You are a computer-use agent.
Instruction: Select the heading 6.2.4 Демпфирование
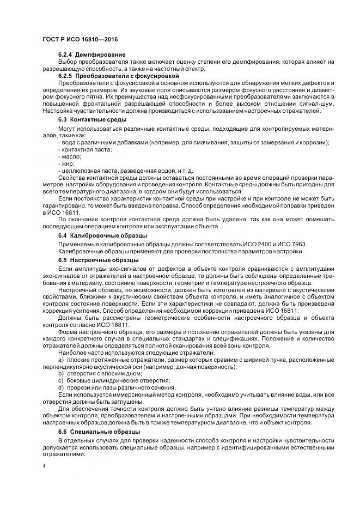92,55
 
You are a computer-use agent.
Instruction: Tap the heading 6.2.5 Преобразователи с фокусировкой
119,76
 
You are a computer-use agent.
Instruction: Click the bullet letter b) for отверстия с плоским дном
61,373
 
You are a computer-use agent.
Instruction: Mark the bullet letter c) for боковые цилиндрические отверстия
61,380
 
